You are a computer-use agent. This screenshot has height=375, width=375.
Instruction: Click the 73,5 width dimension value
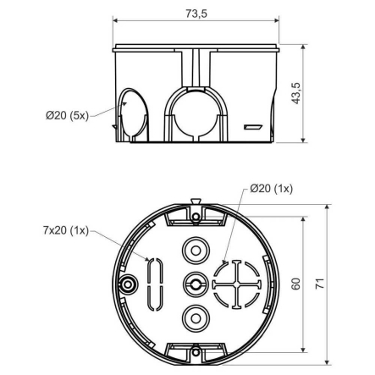click(x=196, y=13)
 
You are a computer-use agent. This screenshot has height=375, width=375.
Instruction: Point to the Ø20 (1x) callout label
click(x=271, y=189)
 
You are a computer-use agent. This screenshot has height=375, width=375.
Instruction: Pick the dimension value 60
click(x=295, y=285)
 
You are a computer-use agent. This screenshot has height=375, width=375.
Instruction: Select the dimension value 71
click(x=319, y=285)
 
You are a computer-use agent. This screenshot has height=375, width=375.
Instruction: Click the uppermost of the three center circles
click(x=196, y=251)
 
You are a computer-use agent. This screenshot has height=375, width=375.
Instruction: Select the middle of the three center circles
click(x=196, y=284)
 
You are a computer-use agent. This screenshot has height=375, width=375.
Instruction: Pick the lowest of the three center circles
click(x=196, y=317)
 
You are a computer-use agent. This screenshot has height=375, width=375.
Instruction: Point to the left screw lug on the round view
click(x=128, y=284)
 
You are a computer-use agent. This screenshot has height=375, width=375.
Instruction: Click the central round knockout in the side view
click(x=194, y=121)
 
